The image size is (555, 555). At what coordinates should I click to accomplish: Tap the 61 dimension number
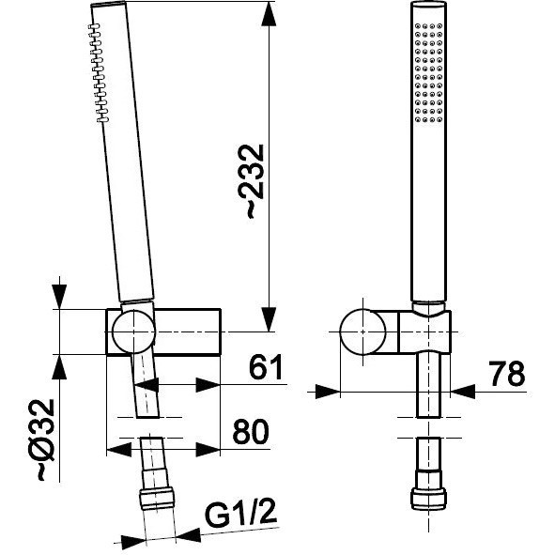click(x=266, y=366)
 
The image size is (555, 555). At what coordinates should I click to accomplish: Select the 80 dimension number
click(x=251, y=431)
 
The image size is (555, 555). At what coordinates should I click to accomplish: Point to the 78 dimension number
click(x=507, y=374)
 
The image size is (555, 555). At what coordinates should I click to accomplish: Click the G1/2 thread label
click(x=240, y=514)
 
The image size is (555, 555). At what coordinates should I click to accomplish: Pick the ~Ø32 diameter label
click(x=45, y=440)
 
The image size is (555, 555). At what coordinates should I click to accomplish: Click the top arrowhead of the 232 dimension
click(x=269, y=14)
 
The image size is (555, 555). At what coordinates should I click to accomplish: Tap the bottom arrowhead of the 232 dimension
click(x=269, y=319)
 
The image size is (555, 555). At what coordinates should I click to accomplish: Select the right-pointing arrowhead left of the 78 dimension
click(x=328, y=392)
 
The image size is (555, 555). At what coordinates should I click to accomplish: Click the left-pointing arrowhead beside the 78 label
click(x=463, y=392)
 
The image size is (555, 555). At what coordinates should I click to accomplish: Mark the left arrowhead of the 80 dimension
click(x=119, y=450)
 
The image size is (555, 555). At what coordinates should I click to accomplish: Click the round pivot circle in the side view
click(x=133, y=331)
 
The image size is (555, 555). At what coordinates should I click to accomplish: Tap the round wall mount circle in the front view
click(x=362, y=331)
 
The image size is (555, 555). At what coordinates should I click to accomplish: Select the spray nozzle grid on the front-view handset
click(x=428, y=73)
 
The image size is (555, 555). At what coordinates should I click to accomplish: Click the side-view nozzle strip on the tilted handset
click(x=99, y=73)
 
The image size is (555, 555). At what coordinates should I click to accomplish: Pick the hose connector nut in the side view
click(x=157, y=499)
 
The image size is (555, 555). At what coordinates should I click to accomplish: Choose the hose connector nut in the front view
click(x=428, y=499)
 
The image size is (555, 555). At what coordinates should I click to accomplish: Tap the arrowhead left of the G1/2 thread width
click(x=133, y=540)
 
